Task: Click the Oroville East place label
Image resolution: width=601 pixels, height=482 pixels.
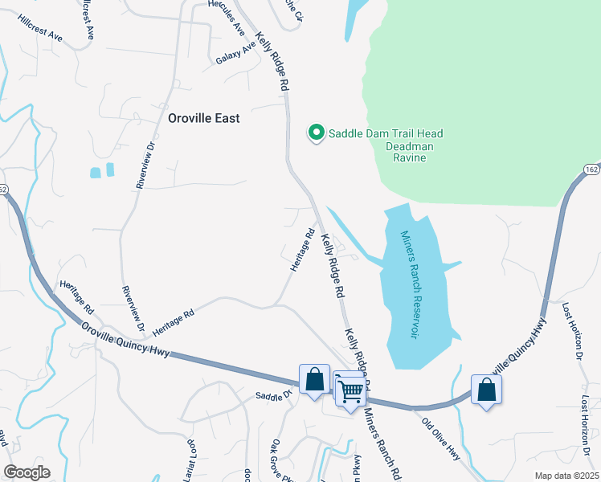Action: coord(203,117)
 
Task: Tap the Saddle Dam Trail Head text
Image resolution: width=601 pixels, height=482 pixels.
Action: coord(386,133)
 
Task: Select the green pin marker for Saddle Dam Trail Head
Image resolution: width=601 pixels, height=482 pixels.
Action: coord(317,133)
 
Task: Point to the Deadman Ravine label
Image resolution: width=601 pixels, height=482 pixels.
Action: coord(416,153)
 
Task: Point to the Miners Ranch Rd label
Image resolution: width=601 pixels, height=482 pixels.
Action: coord(382,443)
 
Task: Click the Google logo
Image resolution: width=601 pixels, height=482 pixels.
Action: coord(27,472)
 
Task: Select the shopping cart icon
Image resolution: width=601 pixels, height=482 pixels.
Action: coord(351,392)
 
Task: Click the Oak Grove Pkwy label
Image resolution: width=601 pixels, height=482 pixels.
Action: coord(277,457)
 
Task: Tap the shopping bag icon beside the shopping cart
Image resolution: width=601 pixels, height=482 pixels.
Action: coord(314,378)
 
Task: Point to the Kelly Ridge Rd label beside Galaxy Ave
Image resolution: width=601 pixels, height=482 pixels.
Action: coord(271,60)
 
